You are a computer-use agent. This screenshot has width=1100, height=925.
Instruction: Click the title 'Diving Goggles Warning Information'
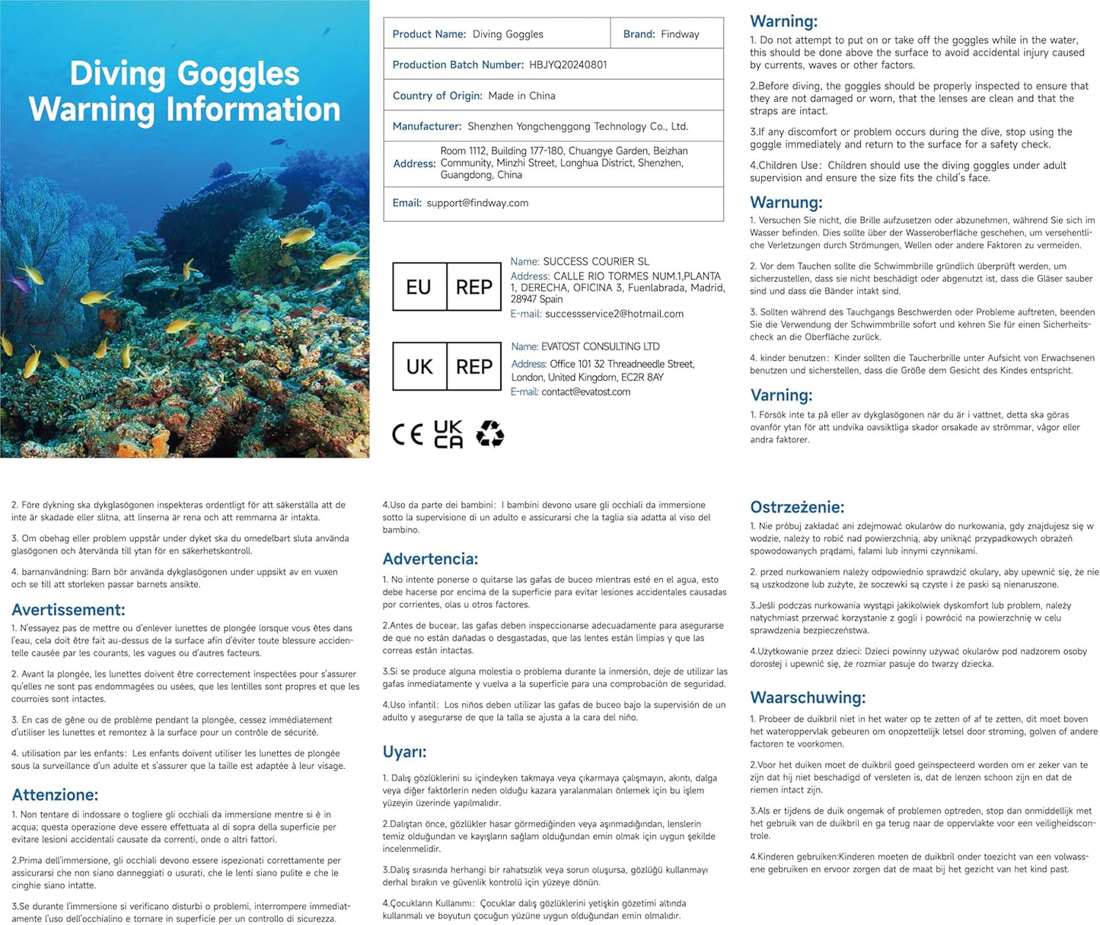[184, 91]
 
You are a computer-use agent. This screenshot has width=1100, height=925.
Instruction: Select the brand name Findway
[680, 34]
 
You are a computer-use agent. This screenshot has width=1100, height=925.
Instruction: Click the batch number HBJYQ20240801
[568, 65]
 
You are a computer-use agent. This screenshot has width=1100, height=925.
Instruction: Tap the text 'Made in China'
[521, 96]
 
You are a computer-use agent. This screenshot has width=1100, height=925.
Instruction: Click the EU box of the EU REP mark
[419, 287]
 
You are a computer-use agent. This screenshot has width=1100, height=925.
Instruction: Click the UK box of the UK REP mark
[419, 367]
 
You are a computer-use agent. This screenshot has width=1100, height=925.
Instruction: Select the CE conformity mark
[407, 435]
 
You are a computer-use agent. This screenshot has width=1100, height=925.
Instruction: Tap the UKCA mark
[448, 435]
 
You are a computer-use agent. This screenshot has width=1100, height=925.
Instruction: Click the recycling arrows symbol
[489, 435]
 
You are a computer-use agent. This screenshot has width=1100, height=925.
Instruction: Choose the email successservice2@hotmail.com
[614, 314]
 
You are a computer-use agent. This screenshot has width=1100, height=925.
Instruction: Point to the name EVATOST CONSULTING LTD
[601, 346]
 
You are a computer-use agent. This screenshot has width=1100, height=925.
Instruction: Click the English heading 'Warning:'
[783, 21]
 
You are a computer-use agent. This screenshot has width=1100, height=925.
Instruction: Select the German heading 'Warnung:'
[786, 203]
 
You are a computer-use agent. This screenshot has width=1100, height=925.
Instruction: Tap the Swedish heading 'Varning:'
[781, 395]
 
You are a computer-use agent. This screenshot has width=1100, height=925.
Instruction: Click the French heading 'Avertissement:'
[68, 610]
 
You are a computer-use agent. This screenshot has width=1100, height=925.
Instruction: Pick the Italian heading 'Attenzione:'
[55, 795]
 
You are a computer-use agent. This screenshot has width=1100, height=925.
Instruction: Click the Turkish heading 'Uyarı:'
[404, 752]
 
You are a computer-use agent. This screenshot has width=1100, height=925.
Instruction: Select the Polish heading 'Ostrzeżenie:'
[797, 507]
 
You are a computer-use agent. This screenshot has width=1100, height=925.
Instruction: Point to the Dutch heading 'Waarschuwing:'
[807, 697]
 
